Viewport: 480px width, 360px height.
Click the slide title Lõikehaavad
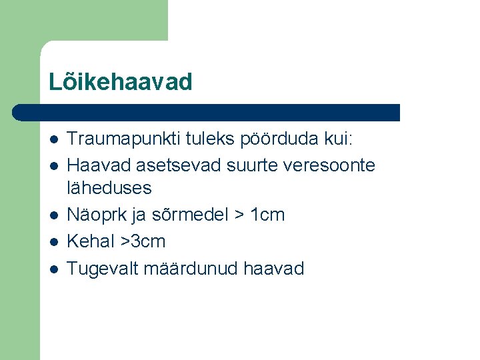pos(120,82)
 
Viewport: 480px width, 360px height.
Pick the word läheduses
pos(109,188)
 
